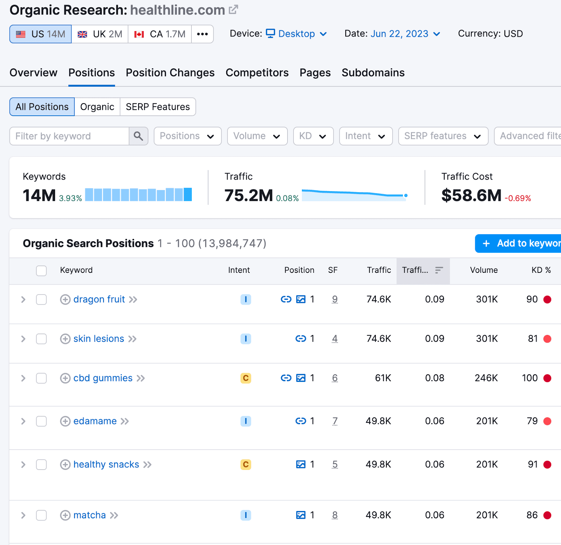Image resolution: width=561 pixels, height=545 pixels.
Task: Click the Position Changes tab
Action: click(x=170, y=73)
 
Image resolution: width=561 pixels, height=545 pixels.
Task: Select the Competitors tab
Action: click(x=257, y=73)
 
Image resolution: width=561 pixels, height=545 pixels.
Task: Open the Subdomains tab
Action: click(x=373, y=73)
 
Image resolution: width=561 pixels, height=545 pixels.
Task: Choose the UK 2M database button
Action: click(x=100, y=34)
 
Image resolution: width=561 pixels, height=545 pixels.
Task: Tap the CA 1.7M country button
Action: click(x=160, y=34)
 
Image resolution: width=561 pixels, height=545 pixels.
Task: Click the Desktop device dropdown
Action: click(x=296, y=34)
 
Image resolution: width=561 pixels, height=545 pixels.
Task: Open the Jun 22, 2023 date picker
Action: click(x=405, y=34)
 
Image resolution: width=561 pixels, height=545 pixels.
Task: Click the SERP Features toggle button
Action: click(x=158, y=107)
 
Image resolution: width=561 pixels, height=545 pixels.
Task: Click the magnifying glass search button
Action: click(x=138, y=136)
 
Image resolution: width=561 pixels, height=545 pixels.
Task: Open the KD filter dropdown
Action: click(x=313, y=136)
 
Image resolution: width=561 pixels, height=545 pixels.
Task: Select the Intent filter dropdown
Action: click(x=365, y=136)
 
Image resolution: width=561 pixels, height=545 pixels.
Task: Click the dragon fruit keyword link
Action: click(x=99, y=299)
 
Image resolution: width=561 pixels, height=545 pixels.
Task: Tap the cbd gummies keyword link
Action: click(x=103, y=378)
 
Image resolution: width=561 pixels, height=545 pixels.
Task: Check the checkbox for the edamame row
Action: click(x=41, y=421)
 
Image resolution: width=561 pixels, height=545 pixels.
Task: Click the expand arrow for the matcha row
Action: click(x=23, y=515)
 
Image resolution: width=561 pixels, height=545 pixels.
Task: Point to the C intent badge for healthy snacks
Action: click(x=245, y=464)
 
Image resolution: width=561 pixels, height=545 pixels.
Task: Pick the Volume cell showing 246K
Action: click(x=486, y=378)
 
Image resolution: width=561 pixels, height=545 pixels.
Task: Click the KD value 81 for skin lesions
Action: click(x=533, y=338)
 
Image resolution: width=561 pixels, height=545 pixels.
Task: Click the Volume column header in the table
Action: click(x=484, y=270)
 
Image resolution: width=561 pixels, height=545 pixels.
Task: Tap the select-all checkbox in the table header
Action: click(x=41, y=270)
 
